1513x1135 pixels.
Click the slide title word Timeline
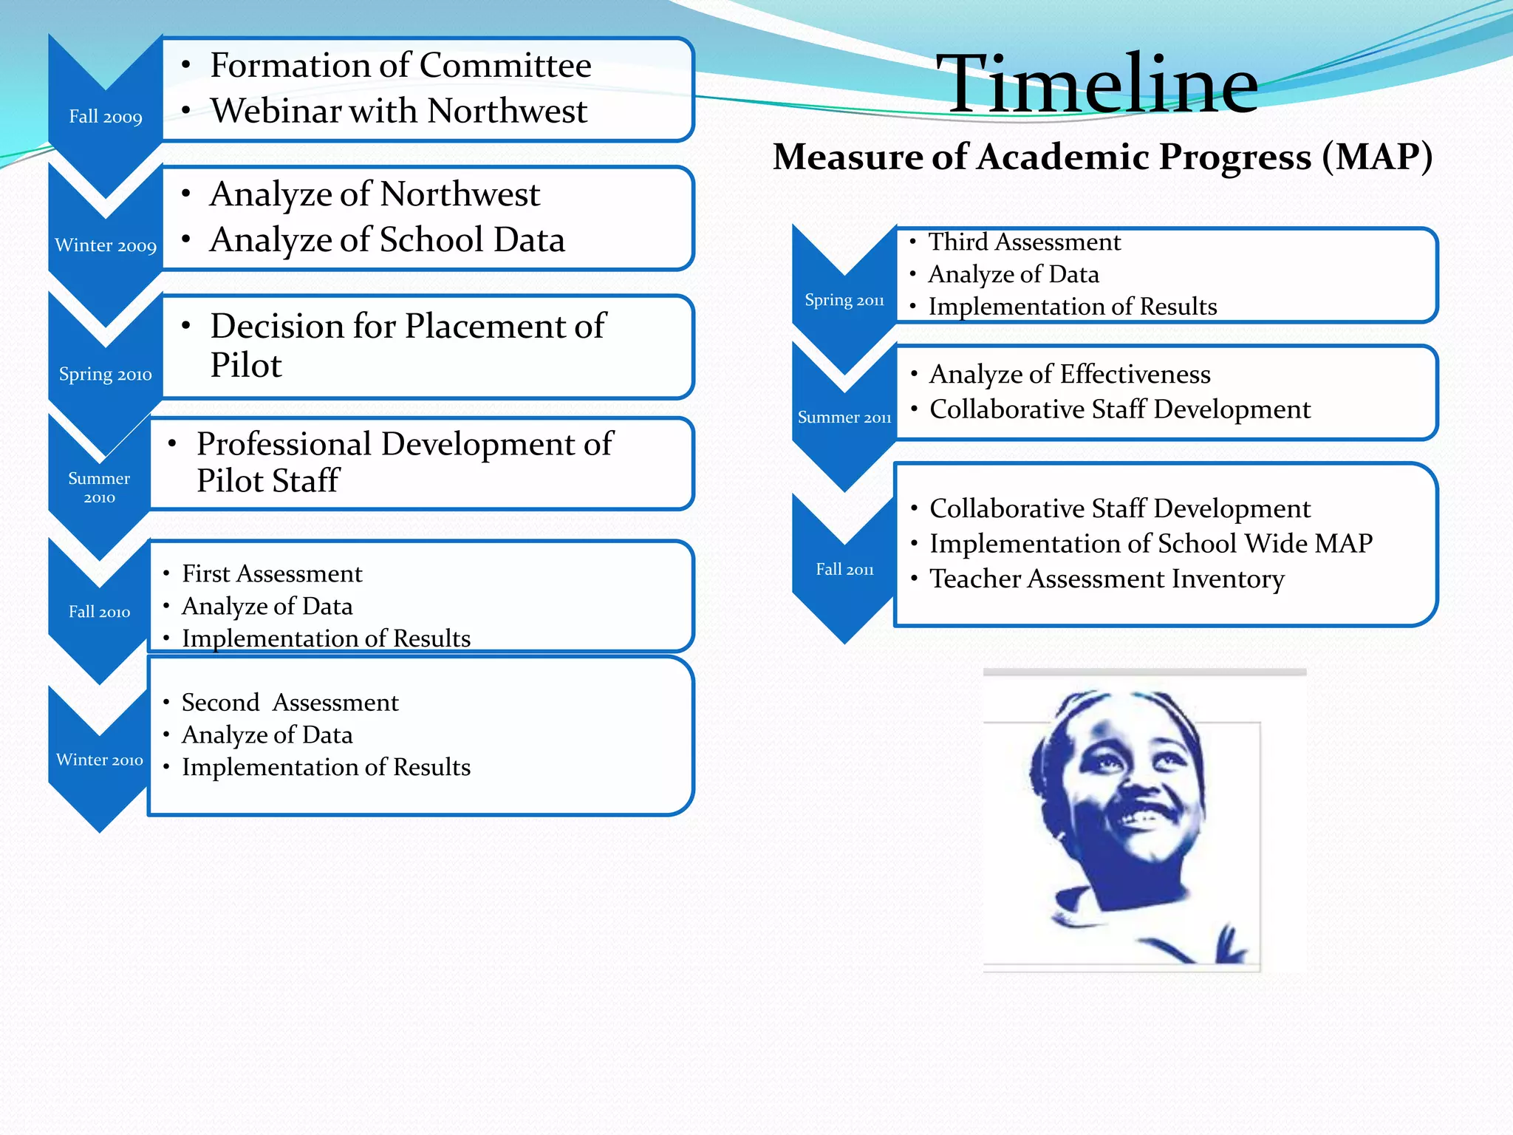[x=1096, y=84]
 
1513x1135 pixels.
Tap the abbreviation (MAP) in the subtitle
[x=1377, y=157]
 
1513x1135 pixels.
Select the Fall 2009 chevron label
[x=106, y=117]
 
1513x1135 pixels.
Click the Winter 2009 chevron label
[x=106, y=245]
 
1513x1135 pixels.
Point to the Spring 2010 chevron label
[x=106, y=374]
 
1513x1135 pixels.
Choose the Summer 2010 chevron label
[x=99, y=488]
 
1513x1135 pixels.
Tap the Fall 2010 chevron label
[x=99, y=612]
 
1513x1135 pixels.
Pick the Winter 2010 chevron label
[x=99, y=760]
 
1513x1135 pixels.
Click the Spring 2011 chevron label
[x=844, y=300]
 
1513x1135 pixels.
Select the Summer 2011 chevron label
[x=844, y=417]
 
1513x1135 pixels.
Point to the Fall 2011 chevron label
[x=844, y=569]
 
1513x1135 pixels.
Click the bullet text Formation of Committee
[x=400, y=65]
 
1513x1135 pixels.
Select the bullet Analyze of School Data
[x=387, y=240]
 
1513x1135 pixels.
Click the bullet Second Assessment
[x=290, y=702]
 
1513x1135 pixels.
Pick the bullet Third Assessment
[x=1024, y=242]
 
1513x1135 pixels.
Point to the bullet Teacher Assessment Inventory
[x=1107, y=579]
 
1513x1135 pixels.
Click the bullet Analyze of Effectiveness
[x=1070, y=374]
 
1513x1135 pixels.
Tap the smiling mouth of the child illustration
[x=1145, y=817]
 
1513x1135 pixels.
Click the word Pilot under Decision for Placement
[x=246, y=365]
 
